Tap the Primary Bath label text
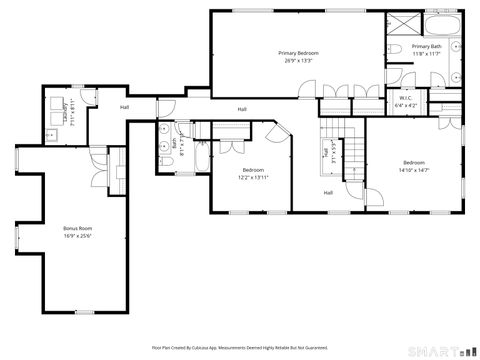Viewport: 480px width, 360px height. [426, 46]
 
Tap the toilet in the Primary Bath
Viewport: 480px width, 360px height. [396, 49]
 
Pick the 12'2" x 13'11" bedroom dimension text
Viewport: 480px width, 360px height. [252, 178]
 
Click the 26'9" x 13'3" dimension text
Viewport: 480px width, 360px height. [298, 60]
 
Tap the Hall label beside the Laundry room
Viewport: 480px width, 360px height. [125, 107]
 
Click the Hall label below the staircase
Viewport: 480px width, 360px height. [327, 192]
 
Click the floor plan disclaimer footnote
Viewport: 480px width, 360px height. [240, 348]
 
